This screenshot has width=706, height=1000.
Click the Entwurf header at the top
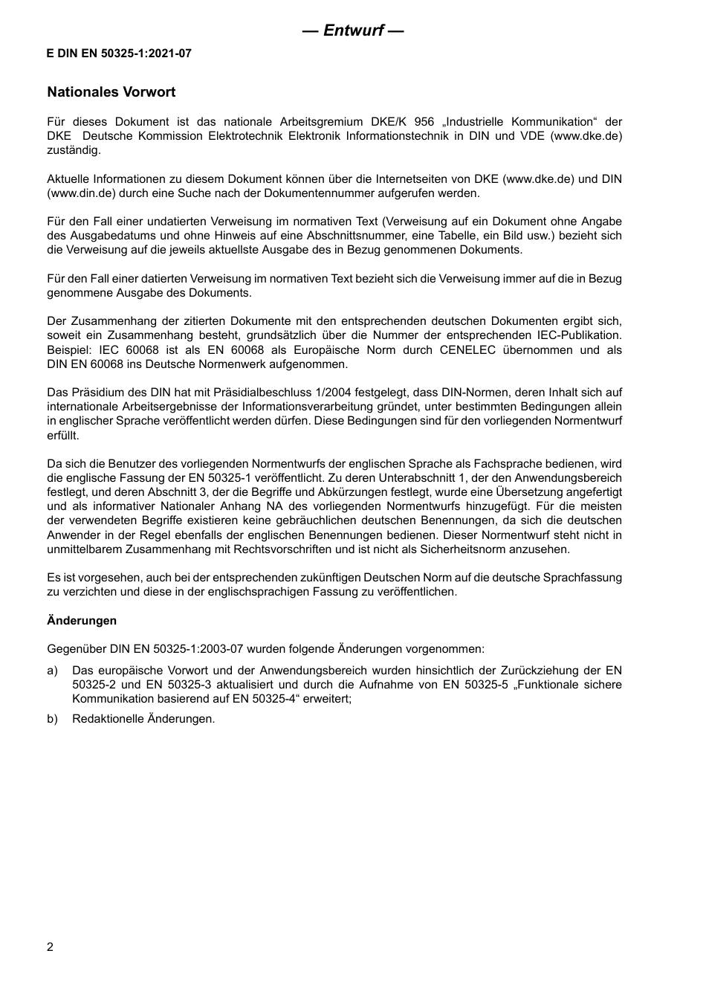[x=353, y=30]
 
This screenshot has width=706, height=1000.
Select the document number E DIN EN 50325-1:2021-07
[x=119, y=54]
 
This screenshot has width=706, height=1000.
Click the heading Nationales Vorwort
[x=111, y=92]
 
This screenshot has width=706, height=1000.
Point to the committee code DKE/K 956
[x=402, y=122]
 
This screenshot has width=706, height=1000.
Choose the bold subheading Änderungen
[x=82, y=621]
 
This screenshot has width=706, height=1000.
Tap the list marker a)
[x=53, y=671]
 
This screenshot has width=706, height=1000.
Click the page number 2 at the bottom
[x=51, y=947]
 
